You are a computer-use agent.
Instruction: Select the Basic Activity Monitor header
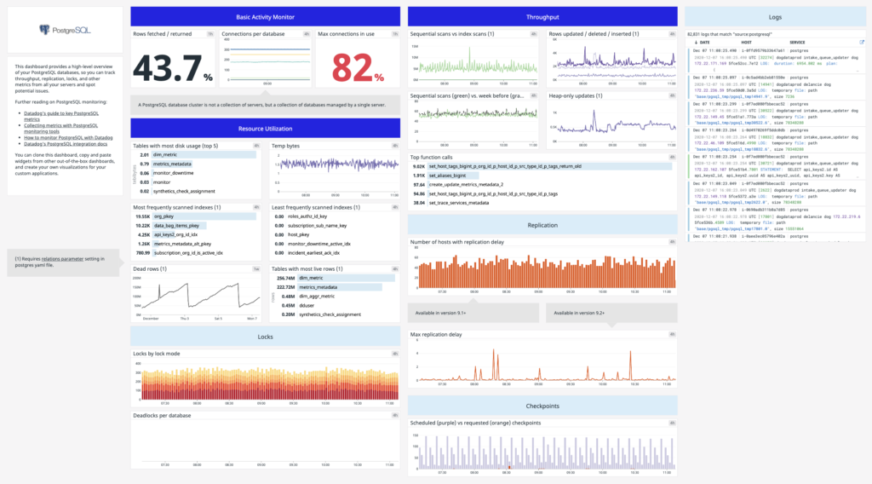[x=265, y=17]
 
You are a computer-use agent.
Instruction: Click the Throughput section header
[x=542, y=17]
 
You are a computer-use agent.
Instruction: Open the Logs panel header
[x=776, y=17]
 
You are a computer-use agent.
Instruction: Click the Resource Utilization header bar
[x=265, y=129]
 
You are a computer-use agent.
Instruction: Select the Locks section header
[x=265, y=337]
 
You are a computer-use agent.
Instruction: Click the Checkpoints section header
[x=542, y=406]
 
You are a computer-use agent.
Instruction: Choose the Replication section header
[x=542, y=225]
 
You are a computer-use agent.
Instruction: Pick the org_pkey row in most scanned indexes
[x=165, y=216]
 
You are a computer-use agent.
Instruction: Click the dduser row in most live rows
[x=307, y=305]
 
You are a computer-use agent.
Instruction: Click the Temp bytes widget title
[x=285, y=146]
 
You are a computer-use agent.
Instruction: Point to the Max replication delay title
[x=436, y=335]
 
